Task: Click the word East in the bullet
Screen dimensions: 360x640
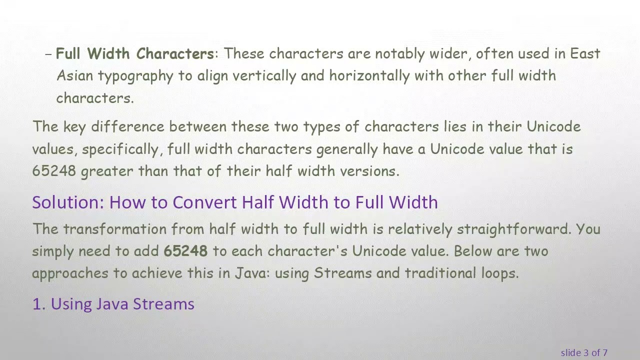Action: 585,53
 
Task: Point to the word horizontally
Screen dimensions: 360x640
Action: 369,76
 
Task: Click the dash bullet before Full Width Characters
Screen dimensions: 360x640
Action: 48,54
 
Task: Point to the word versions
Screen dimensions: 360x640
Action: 369,171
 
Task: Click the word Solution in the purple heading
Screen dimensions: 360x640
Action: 68,202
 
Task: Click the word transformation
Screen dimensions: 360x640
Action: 114,229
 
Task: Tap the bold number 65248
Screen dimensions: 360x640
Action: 185,251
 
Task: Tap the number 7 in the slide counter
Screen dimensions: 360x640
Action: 605,353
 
